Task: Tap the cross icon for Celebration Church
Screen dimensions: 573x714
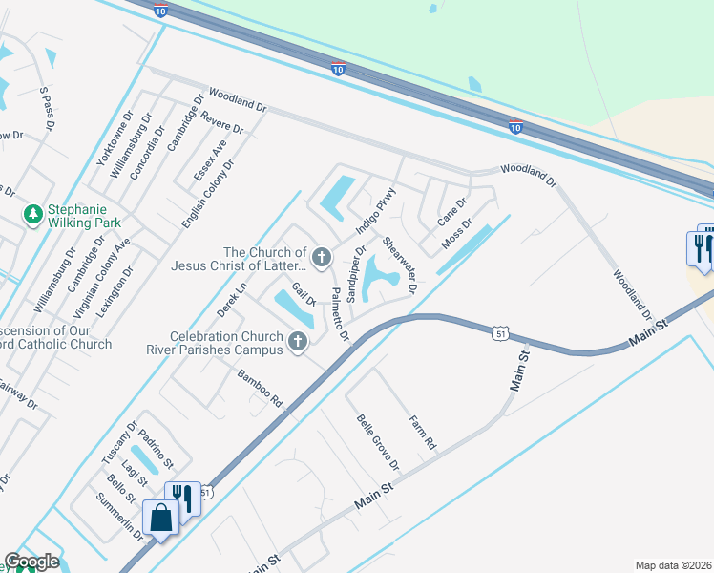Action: point(299,341)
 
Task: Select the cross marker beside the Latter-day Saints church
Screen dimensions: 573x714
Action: point(322,256)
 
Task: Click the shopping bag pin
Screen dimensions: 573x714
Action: point(161,520)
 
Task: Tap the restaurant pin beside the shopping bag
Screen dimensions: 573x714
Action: point(182,499)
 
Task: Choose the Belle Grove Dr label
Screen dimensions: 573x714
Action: point(378,442)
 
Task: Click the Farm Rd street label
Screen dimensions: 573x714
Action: point(422,432)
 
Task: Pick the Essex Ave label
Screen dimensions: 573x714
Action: point(210,159)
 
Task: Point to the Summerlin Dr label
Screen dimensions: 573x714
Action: point(119,517)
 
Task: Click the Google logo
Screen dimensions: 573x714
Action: point(31,562)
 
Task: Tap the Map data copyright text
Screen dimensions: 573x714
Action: point(672,565)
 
